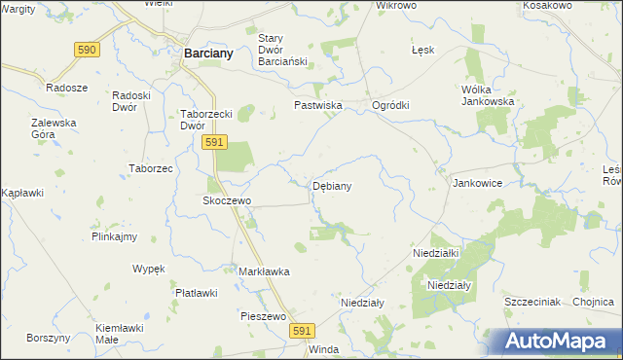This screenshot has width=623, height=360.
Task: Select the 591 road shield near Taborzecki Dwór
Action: coord(215,142)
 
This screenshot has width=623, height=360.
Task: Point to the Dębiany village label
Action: coord(332,185)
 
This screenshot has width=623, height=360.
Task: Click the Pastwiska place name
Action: coord(316,105)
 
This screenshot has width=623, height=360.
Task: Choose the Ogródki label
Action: coord(391,106)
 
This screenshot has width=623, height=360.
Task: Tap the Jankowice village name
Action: coord(477,182)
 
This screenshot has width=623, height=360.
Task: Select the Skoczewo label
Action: coord(227,200)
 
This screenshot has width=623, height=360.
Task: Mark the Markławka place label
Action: coord(265,271)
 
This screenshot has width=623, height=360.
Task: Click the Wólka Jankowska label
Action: coord(487,95)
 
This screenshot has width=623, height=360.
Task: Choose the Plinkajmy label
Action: coord(114,236)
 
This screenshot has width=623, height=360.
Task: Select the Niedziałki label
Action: coord(435,252)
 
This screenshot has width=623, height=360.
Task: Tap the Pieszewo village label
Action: coord(262,316)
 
